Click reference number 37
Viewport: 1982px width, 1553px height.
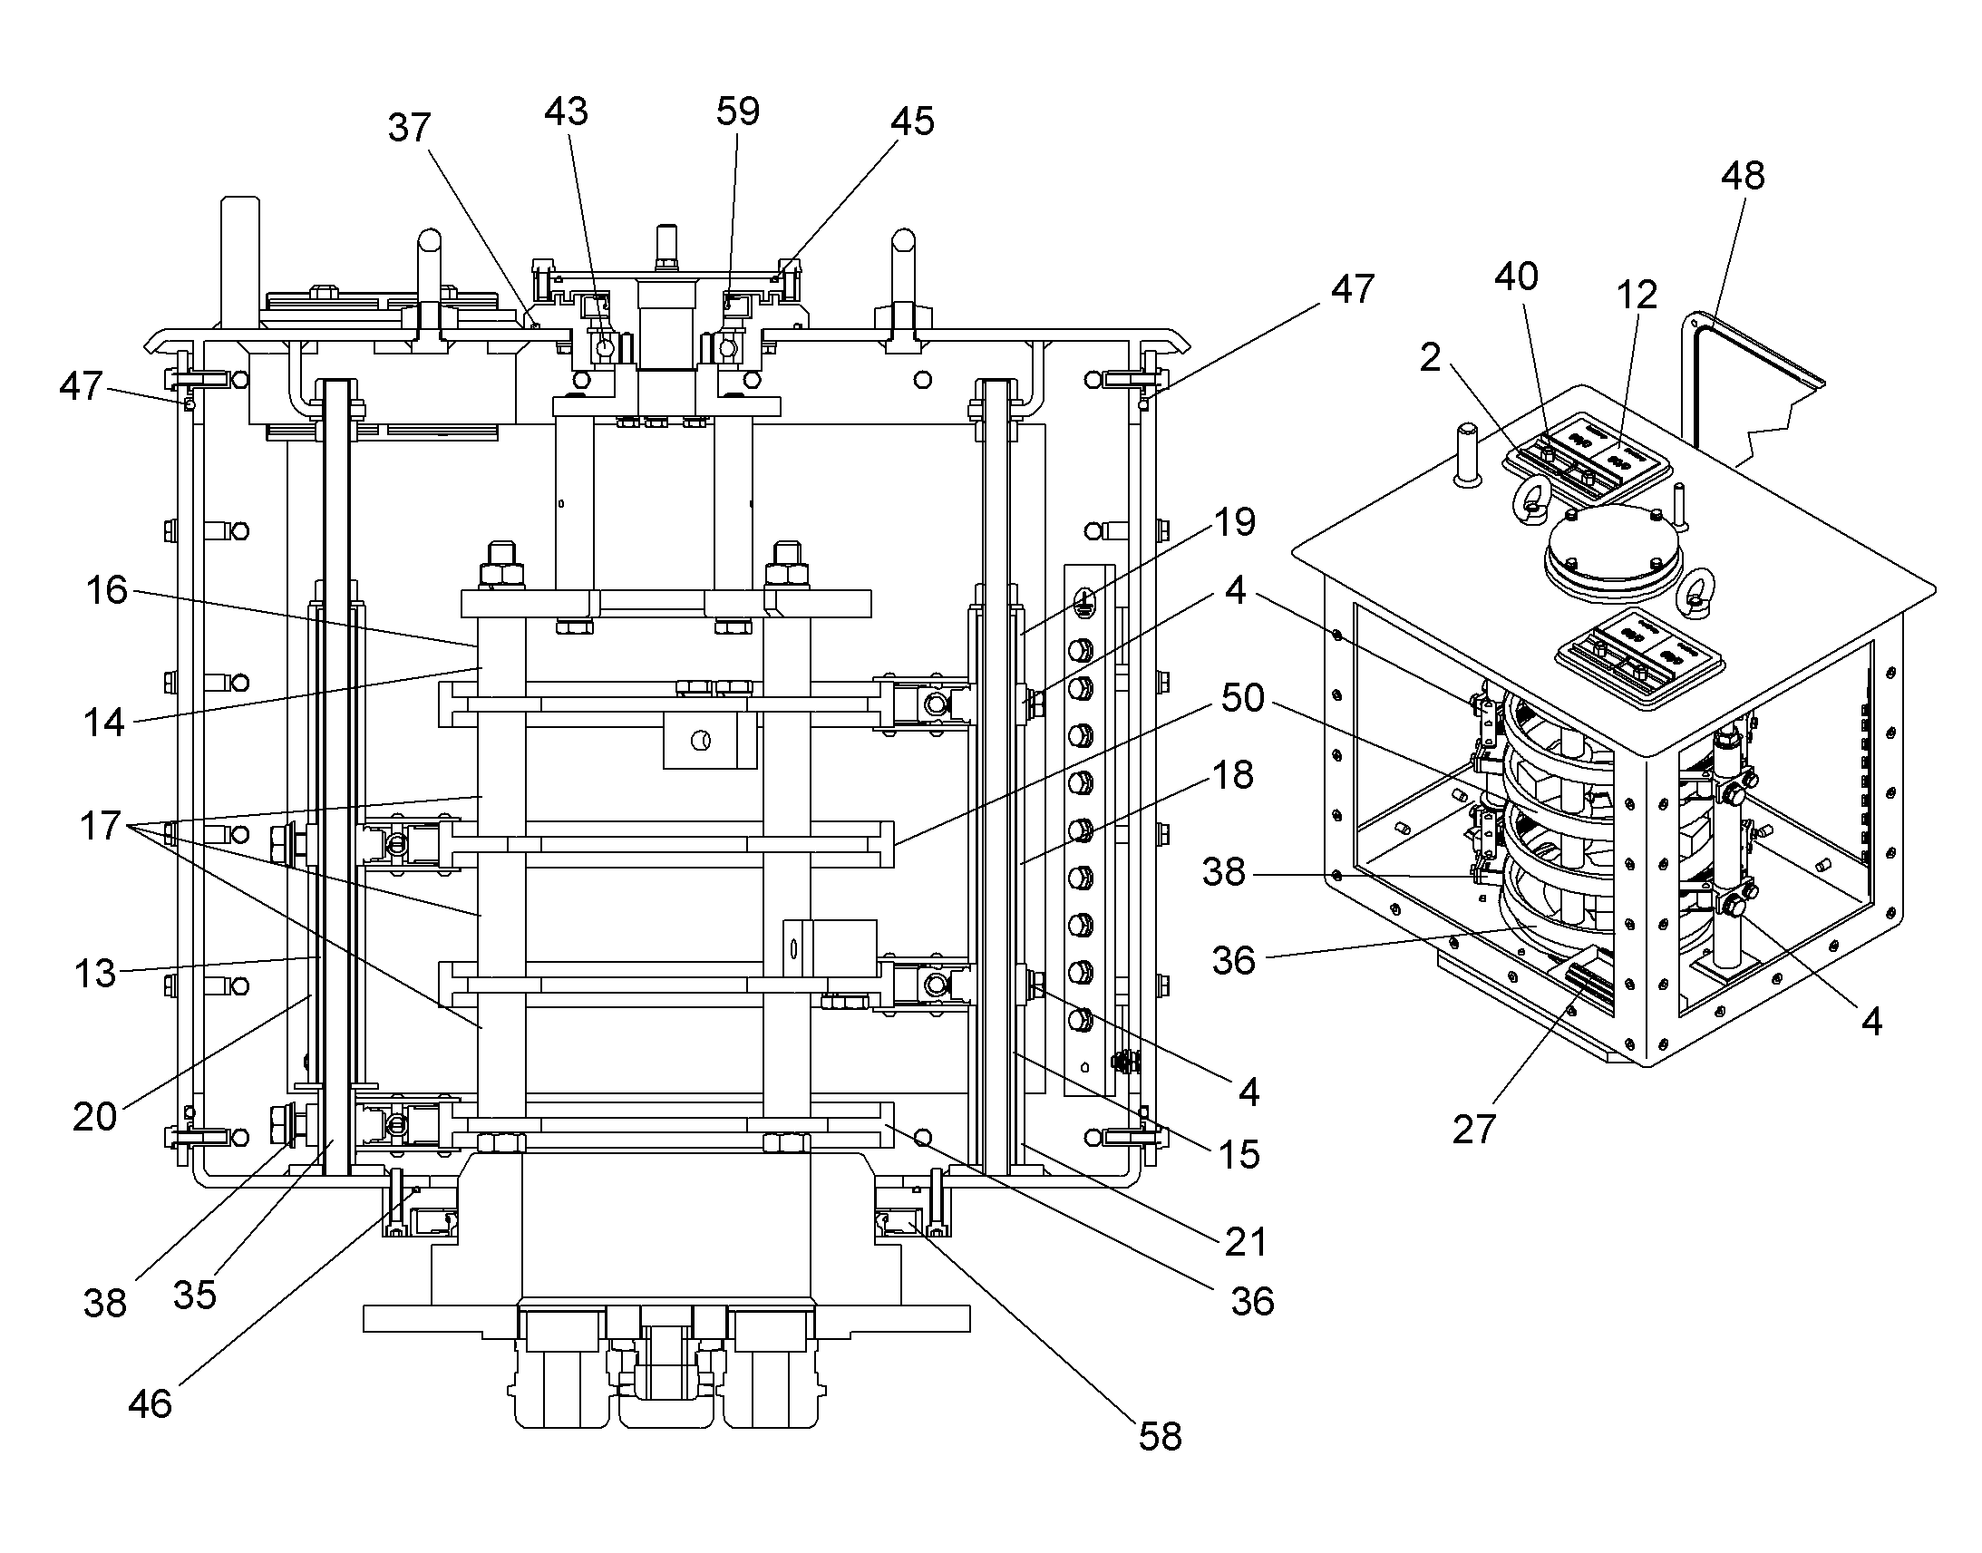point(409,128)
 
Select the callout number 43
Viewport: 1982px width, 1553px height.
point(567,112)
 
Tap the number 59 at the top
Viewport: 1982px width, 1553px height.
point(737,111)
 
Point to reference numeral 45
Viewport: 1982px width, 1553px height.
point(912,121)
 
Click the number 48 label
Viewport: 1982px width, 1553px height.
point(1743,176)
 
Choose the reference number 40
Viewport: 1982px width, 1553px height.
point(1517,277)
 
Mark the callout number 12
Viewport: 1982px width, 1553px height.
point(1637,295)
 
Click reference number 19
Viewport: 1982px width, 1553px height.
point(1235,522)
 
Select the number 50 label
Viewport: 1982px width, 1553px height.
point(1242,698)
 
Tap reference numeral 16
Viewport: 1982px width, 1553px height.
point(106,591)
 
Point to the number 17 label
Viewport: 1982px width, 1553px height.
point(100,827)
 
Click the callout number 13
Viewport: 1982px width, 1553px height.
point(94,974)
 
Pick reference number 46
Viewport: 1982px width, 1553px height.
point(150,1404)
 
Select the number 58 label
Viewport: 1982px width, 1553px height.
point(1161,1437)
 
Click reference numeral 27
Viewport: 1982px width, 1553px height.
point(1473,1131)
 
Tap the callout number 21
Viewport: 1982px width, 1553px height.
point(1246,1242)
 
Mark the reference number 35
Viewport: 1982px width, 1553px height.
point(195,1295)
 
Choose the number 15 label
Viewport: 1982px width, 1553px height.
point(1239,1155)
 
